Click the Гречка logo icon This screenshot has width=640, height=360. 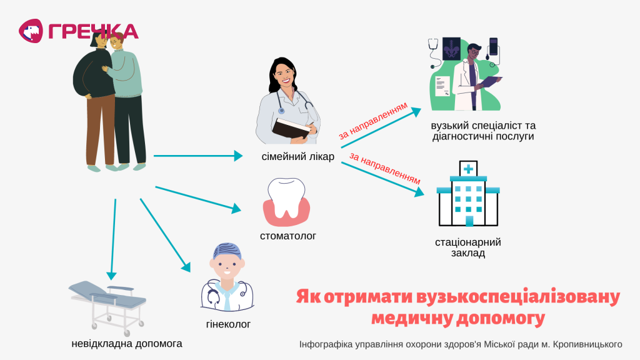pyautogui.click(x=31, y=31)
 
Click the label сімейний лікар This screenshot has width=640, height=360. pyautogui.click(x=298, y=157)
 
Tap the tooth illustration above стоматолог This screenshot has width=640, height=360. pyautogui.click(x=286, y=202)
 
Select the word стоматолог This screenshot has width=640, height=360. pyautogui.click(x=288, y=236)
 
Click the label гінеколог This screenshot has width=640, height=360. pyautogui.click(x=228, y=324)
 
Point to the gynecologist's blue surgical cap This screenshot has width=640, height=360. pyautogui.click(x=227, y=251)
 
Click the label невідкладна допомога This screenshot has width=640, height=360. pyautogui.click(x=126, y=344)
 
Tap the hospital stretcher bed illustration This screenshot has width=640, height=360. pyautogui.click(x=107, y=307)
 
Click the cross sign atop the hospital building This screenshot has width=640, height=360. pyautogui.click(x=468, y=169)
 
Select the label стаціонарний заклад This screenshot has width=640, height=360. pyautogui.click(x=468, y=247)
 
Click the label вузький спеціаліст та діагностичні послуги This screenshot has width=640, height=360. pyautogui.click(x=483, y=131)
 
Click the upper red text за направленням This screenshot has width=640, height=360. pyautogui.click(x=373, y=121)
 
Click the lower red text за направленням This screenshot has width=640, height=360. pyautogui.click(x=384, y=168)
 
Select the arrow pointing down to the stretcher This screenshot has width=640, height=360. pyautogui.click(x=113, y=239)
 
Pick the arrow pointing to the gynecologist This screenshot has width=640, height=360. pyautogui.click(x=165, y=235)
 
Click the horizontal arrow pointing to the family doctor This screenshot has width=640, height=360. pyautogui.click(x=198, y=156)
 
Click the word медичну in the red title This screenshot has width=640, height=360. pyautogui.click(x=412, y=318)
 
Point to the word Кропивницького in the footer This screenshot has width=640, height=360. pyautogui.click(x=587, y=344)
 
